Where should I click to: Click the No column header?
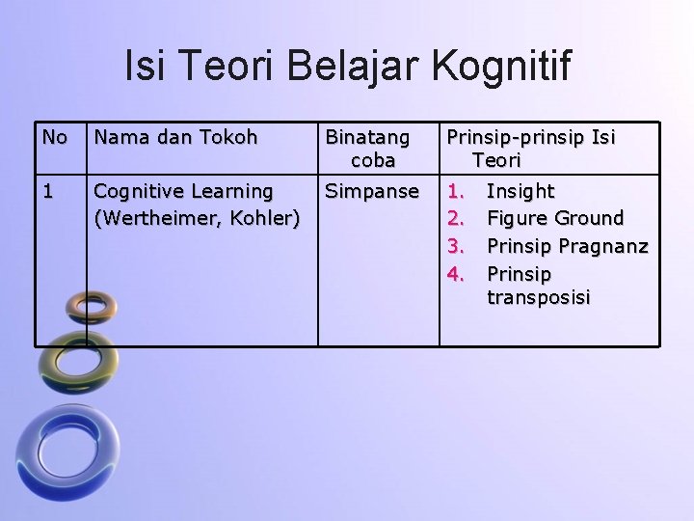[x=54, y=137]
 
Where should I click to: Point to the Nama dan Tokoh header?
[x=174, y=137]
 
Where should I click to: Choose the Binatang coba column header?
[x=367, y=148]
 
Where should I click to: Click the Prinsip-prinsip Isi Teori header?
[x=530, y=148]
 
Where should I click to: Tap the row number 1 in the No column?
[x=49, y=191]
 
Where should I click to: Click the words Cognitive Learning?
[x=183, y=191]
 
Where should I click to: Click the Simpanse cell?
[x=372, y=191]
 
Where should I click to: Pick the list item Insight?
[x=520, y=191]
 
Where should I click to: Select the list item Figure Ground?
[x=555, y=218]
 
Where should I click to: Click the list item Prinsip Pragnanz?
[x=567, y=246]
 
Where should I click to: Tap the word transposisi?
[x=538, y=298]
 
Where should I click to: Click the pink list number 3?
[x=457, y=246]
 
